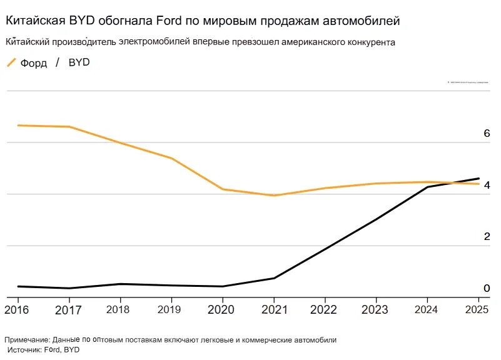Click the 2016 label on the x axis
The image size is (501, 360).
point(18,309)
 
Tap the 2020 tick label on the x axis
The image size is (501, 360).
point(222,309)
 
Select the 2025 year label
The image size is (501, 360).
point(478,309)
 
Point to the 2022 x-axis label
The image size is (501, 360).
point(324,309)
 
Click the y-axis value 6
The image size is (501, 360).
point(486,134)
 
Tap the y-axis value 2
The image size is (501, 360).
point(486,237)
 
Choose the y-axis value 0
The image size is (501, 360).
point(486,288)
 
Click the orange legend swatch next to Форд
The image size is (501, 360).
point(11,62)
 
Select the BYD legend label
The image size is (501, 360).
point(79,62)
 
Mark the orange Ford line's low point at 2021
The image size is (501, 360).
point(273,196)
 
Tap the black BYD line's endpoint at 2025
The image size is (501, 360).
point(478,178)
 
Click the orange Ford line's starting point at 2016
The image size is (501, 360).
point(18,126)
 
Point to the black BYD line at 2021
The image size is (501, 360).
point(273,278)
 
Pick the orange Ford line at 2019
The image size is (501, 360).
point(171,158)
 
